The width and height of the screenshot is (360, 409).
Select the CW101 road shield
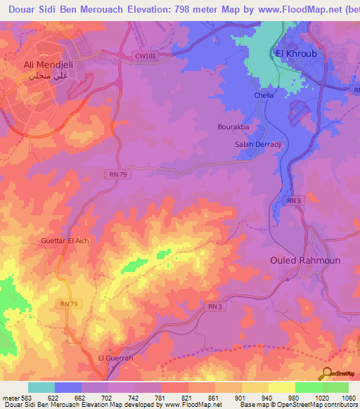coord(145,56)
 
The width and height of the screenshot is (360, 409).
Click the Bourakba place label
coord(233,127)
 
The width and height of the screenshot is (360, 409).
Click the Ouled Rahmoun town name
coord(305,260)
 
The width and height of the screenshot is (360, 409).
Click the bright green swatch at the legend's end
coord(335,387)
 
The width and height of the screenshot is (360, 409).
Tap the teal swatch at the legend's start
coord(41,387)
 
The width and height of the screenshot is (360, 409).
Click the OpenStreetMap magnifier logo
coord(326,372)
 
